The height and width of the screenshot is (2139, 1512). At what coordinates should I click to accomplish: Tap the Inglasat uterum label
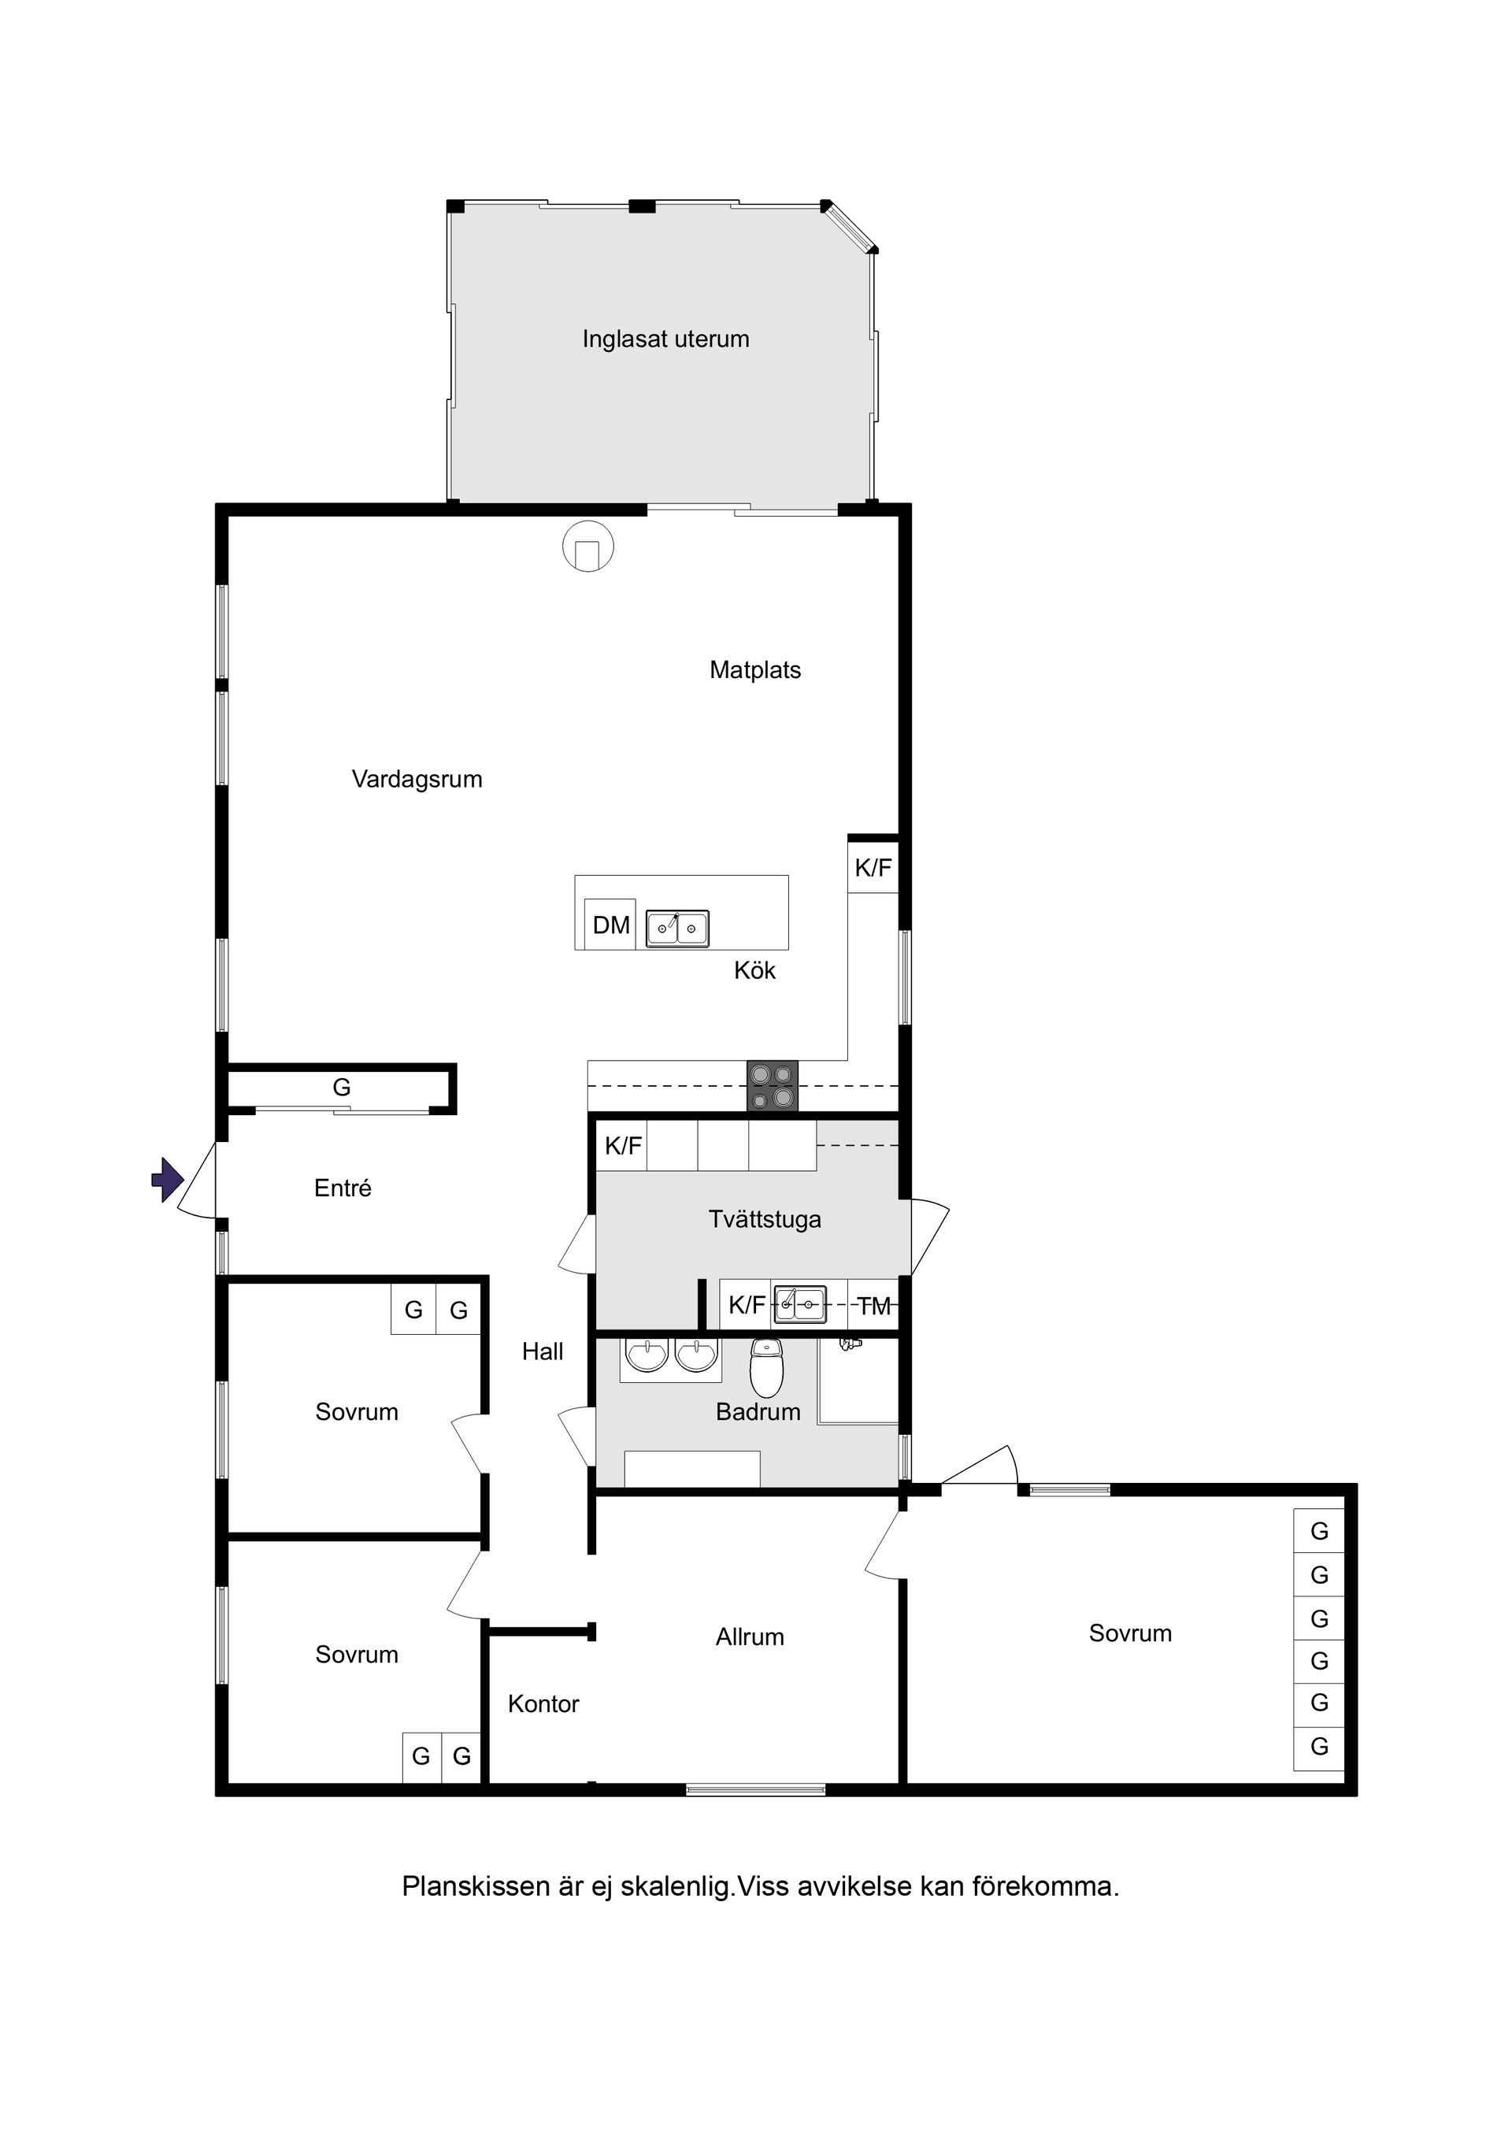(665, 339)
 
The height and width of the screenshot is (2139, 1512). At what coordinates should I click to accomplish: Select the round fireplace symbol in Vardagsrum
(587, 545)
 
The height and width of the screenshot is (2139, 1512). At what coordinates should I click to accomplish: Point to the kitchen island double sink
(677, 928)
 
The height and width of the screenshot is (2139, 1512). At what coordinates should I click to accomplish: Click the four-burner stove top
(773, 1086)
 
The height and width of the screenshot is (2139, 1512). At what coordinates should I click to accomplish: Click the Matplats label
(754, 670)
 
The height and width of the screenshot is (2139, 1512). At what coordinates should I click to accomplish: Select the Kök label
(754, 971)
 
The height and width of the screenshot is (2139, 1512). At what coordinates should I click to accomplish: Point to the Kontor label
(543, 1704)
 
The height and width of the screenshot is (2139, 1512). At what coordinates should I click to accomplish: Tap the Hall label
(543, 1351)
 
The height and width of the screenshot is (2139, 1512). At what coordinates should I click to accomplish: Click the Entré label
(343, 1188)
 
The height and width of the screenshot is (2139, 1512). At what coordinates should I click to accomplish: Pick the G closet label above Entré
(342, 1087)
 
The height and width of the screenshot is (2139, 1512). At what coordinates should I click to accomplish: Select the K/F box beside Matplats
(873, 867)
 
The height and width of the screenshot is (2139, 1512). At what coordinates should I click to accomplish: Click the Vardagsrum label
(417, 780)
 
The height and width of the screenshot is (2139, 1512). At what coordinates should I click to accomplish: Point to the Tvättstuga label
(765, 1219)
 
